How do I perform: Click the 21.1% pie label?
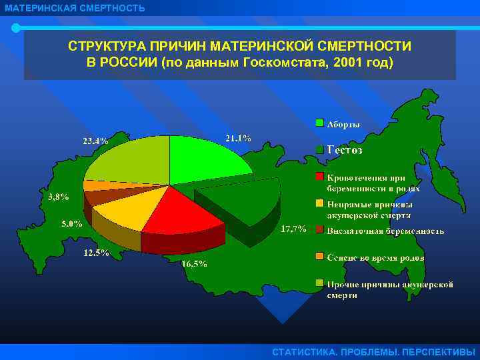[x=238, y=139]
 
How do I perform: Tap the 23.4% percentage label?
[x=95, y=141]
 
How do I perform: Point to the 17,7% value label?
[x=293, y=229]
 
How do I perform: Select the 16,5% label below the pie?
[x=194, y=263]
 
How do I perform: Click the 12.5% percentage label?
[x=96, y=253]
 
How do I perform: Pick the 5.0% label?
[x=72, y=223]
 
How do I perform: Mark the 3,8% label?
[x=58, y=197]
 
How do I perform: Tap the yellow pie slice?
[x=123, y=213]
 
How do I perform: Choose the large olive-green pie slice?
[x=127, y=160]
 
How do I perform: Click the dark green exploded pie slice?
[x=240, y=200]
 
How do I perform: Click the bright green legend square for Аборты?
[x=320, y=123]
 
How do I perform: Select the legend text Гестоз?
[x=345, y=151]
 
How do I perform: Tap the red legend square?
[x=320, y=177]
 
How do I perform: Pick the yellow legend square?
[x=320, y=204]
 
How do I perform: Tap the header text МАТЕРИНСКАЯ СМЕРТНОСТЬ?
[x=73, y=8]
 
